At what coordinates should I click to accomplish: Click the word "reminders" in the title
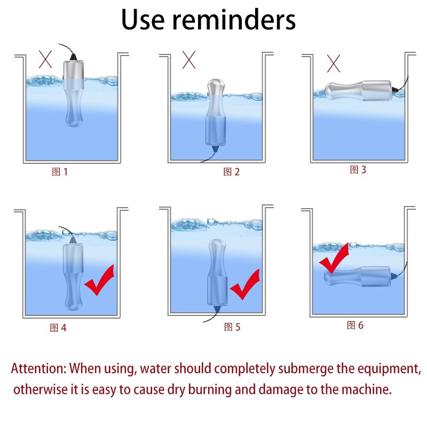coord(234,20)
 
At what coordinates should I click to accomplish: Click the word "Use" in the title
coord(143,20)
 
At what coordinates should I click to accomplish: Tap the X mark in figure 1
coord(45,59)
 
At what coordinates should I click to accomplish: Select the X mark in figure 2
coord(189,60)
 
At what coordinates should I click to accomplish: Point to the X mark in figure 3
coord(333,64)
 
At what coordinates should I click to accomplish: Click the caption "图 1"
coord(60,172)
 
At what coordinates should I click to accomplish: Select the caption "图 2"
coord(232,172)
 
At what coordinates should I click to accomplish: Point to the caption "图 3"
coord(358,170)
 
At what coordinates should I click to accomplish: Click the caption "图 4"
coord(58,328)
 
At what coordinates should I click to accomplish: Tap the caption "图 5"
coord(232,327)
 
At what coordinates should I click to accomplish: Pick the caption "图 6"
coord(355,325)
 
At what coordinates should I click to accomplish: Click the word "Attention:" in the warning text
coord(38,368)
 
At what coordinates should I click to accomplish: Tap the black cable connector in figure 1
coord(74,57)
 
